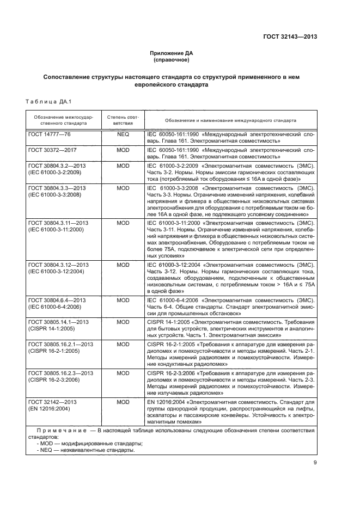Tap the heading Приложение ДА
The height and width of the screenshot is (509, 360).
172,53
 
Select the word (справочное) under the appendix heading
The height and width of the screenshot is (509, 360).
172,60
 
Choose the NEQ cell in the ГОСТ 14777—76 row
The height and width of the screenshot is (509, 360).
123,133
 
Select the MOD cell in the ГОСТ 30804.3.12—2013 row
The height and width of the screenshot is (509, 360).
123,265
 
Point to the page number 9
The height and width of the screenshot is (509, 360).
315,463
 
